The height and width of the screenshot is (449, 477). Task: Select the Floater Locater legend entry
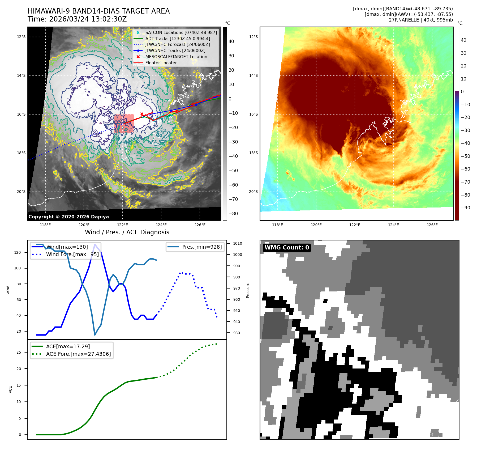coord(161,63)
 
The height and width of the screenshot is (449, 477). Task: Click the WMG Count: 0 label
coord(287,248)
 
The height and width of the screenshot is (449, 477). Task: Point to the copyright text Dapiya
coord(68,217)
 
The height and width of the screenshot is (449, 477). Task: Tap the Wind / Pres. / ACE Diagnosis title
coord(127,232)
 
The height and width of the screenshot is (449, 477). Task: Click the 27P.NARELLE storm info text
coord(421,20)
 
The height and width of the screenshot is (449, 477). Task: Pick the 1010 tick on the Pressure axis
coord(237,243)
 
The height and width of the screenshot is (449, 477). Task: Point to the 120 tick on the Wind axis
coord(18,252)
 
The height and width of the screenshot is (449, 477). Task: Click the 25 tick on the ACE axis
coord(19,352)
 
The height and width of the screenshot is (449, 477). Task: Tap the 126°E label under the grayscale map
coord(200,225)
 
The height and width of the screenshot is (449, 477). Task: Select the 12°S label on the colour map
coord(253,37)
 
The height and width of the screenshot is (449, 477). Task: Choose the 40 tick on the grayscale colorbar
coord(231,41)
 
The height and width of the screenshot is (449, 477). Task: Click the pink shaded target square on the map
coord(124,124)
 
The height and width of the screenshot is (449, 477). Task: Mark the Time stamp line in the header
coord(77,19)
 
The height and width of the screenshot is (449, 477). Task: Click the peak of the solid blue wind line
coord(95,244)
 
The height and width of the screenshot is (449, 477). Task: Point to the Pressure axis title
coord(248,290)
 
